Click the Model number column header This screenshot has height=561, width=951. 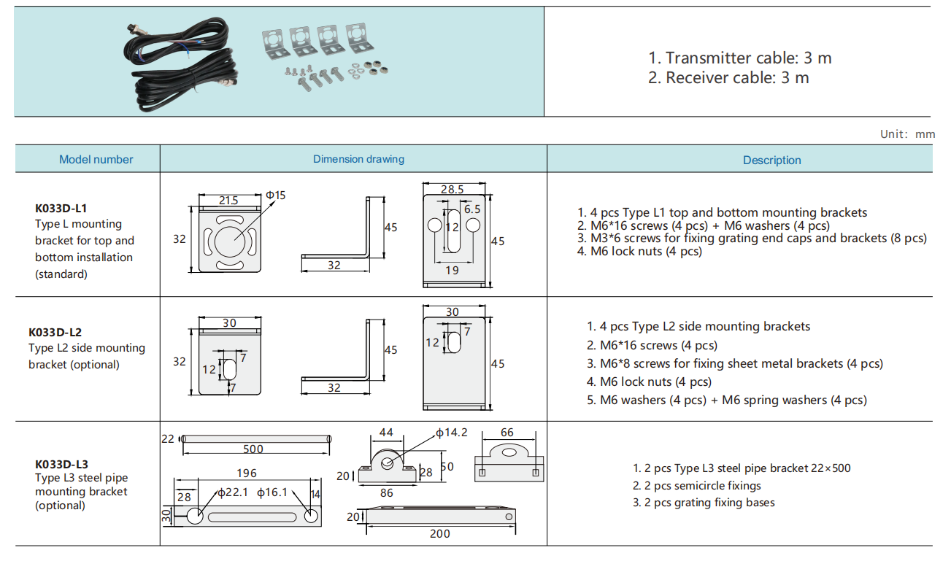[x=96, y=160]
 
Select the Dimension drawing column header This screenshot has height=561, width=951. [x=358, y=159]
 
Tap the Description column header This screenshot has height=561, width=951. [x=771, y=160]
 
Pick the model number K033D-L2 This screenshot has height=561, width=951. [x=55, y=332]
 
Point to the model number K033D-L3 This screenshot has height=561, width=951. [x=61, y=464]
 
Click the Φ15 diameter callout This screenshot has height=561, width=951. [x=275, y=195]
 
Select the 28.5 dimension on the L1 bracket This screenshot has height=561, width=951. [x=452, y=189]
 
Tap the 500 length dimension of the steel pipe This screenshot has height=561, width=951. [x=253, y=449]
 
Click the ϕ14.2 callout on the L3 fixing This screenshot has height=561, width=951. [x=452, y=433]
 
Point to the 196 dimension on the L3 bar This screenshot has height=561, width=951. [x=247, y=473]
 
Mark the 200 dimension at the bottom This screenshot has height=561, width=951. [x=439, y=533]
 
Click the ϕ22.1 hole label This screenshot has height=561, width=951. [x=234, y=493]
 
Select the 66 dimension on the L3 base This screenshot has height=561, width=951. [x=507, y=433]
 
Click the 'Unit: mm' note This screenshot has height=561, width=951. [x=907, y=134]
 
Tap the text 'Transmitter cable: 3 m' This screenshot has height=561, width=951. [x=739, y=58]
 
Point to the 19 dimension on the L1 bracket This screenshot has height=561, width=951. [x=452, y=270]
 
